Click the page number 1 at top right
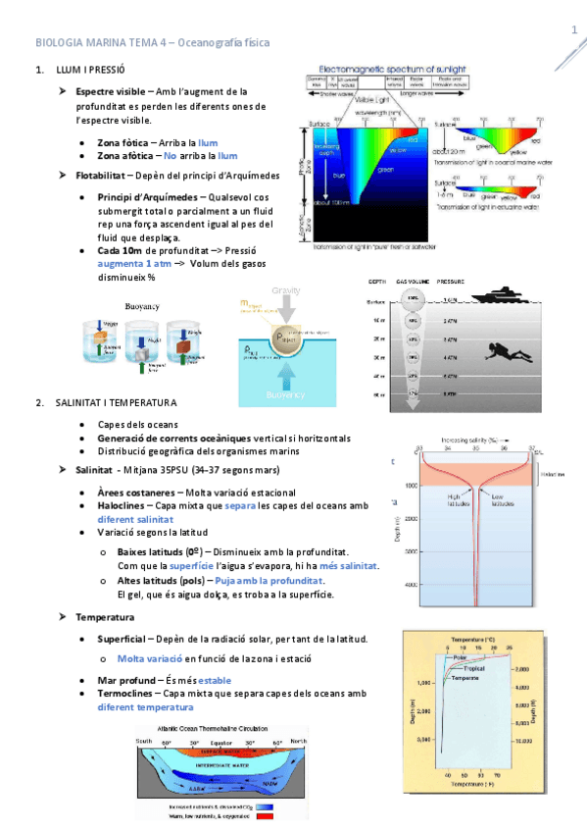pyautogui.click(x=573, y=30)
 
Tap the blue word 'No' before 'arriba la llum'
pyautogui.click(x=171, y=156)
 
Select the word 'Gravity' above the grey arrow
pyautogui.click(x=285, y=291)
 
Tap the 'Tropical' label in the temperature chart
pyautogui.click(x=474, y=668)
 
